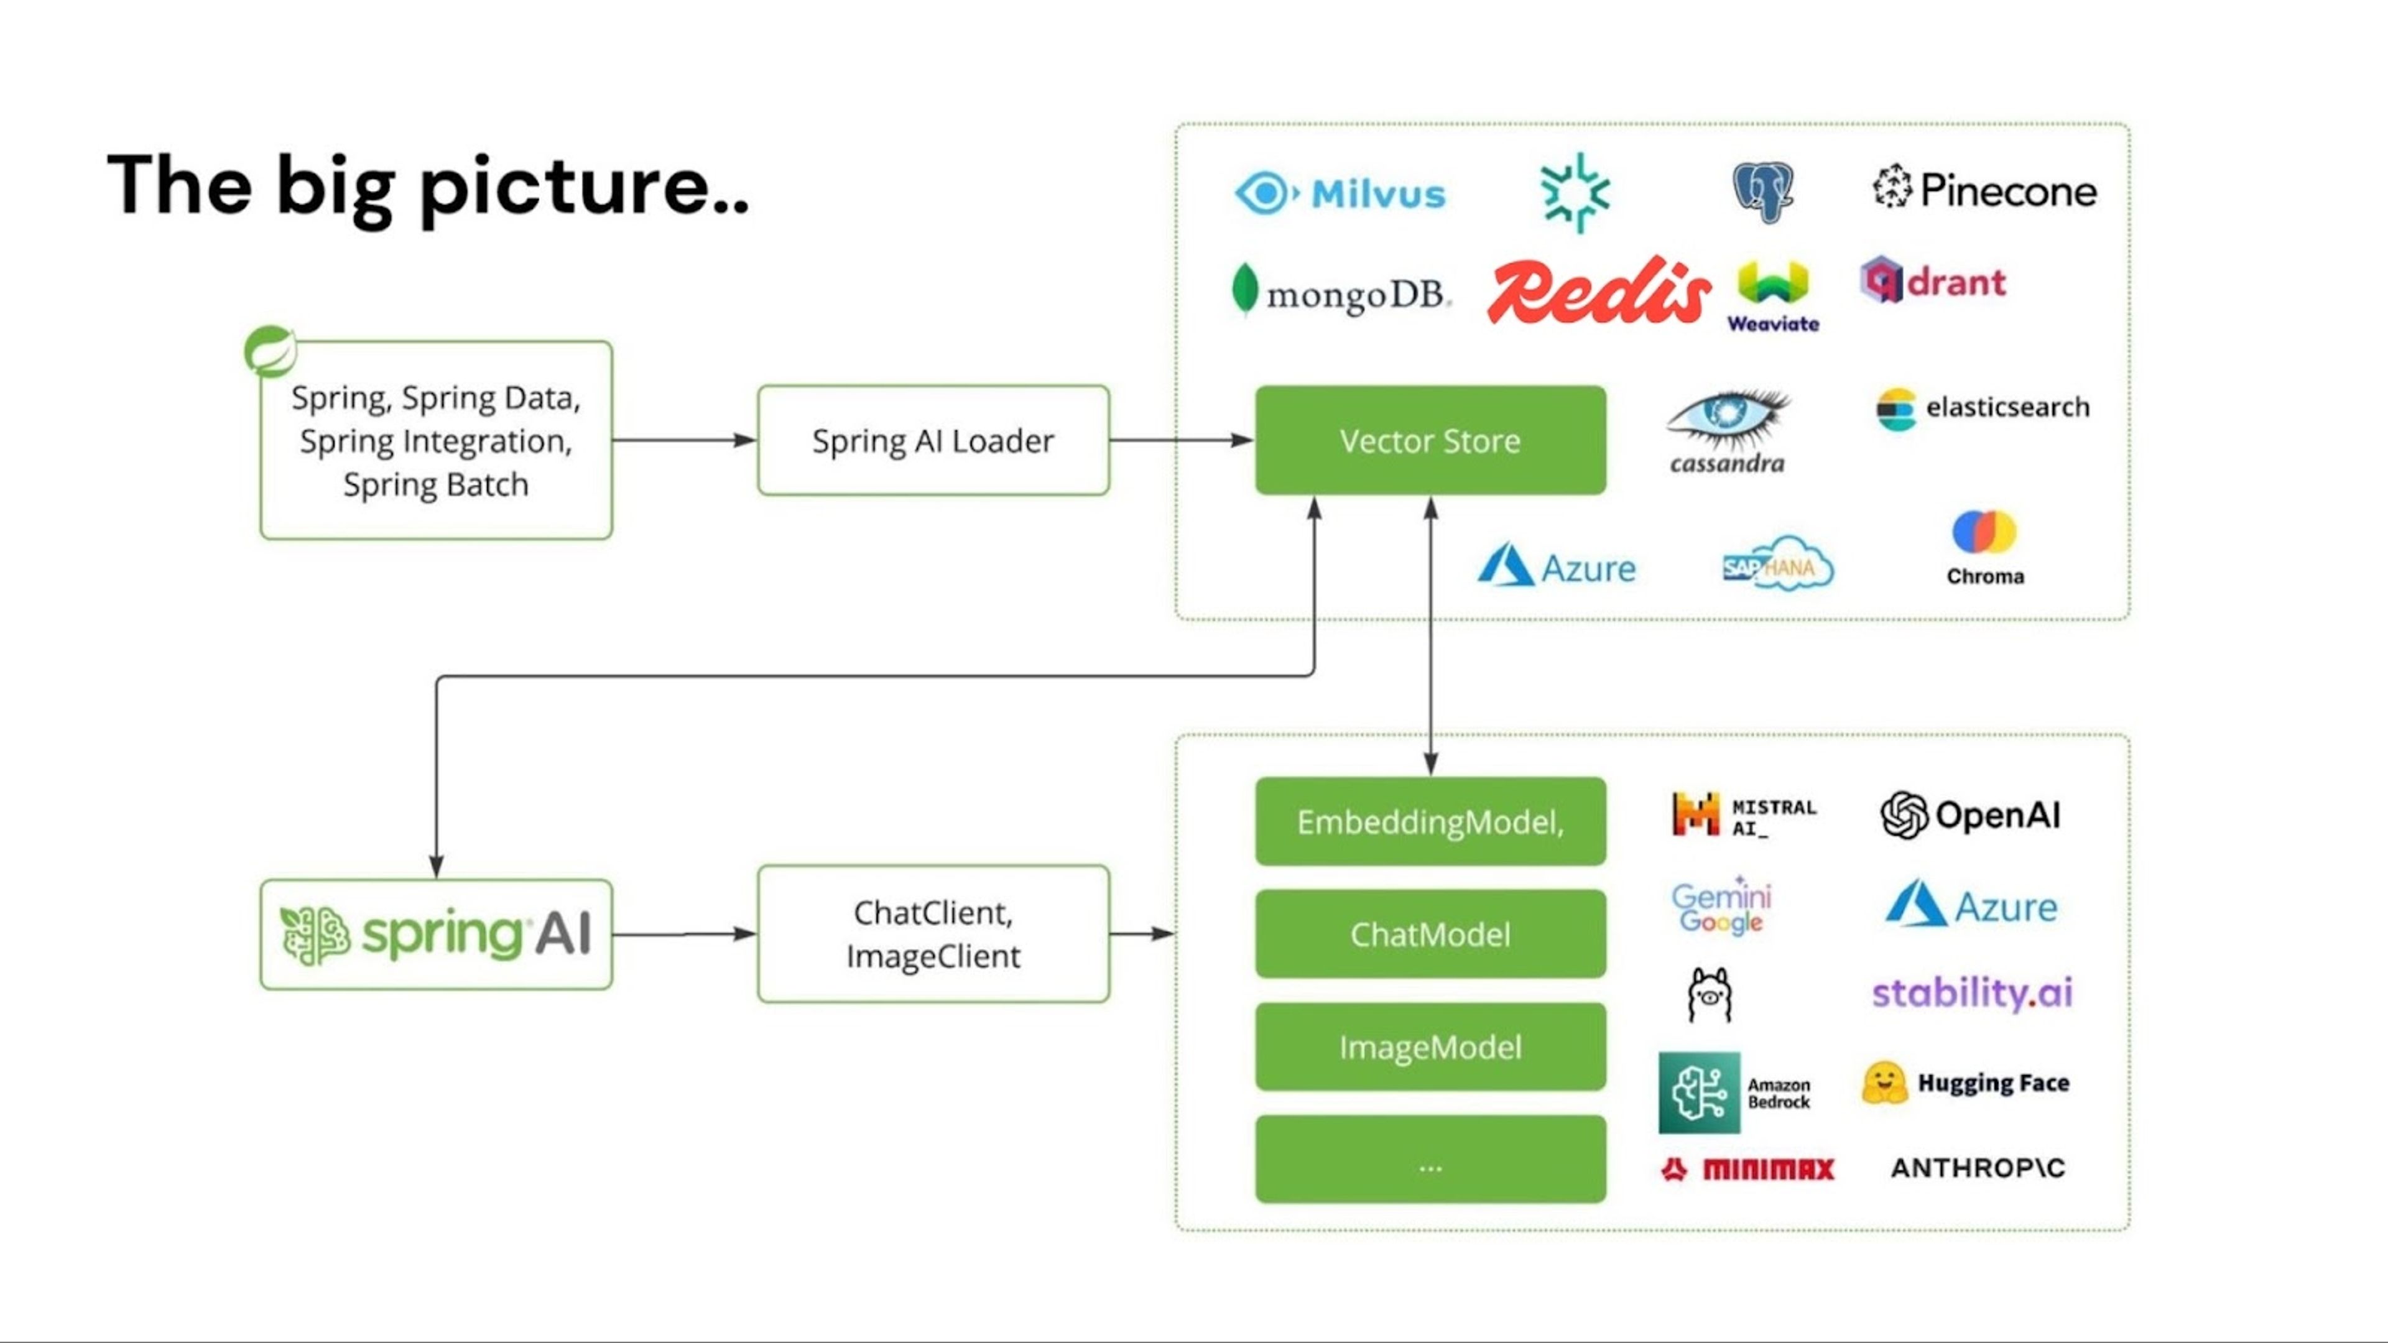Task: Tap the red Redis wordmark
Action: (x=1598, y=291)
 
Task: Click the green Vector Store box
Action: (x=1430, y=440)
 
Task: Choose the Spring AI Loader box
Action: (x=933, y=440)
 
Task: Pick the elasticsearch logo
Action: (x=1983, y=408)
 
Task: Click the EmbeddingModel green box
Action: (x=1430, y=821)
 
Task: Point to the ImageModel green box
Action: (x=1430, y=1046)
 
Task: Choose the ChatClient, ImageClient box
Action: (x=933, y=933)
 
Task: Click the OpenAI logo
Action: (x=1971, y=815)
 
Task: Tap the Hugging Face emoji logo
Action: (x=1885, y=1082)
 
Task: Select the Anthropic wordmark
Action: (x=1978, y=1168)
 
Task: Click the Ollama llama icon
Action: (x=1710, y=995)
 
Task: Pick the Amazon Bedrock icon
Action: (x=1699, y=1093)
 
